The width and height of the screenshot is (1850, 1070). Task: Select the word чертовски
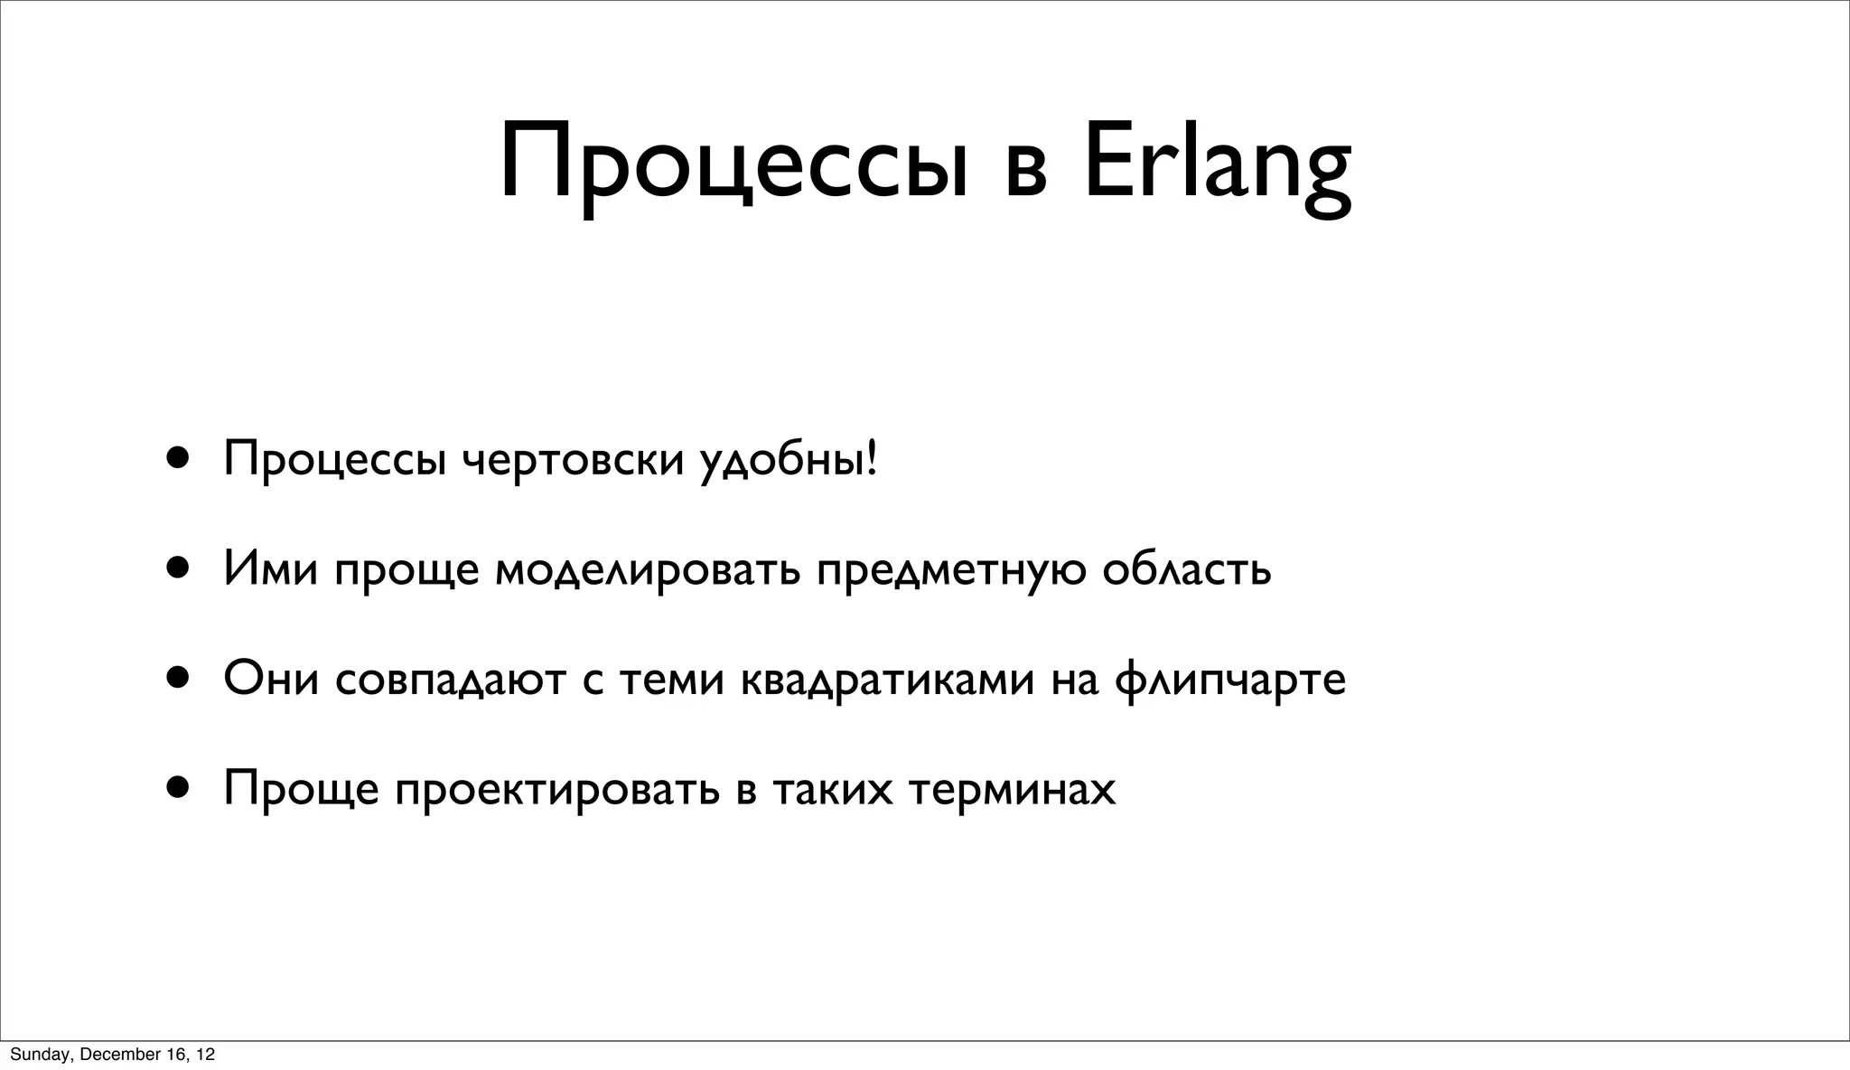pos(573,460)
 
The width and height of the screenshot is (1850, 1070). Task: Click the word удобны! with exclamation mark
pos(788,462)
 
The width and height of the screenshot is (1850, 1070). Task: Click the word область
pos(1186,569)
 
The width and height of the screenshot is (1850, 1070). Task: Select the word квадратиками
pos(886,680)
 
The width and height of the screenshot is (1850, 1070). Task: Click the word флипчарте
pos(1229,680)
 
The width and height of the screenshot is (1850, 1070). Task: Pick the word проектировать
pos(557,789)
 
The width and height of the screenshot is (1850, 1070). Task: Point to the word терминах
pos(1012,789)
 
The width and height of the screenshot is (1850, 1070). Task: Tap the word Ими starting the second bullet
pos(270,569)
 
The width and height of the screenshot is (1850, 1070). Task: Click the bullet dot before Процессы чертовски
pos(177,458)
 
